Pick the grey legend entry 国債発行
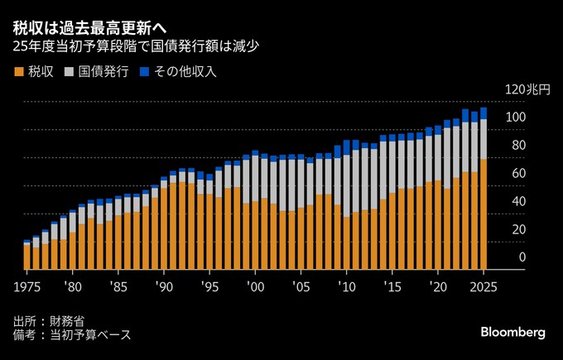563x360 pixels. click(96, 71)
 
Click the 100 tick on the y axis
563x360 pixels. click(516, 118)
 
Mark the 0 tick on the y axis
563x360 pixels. click(522, 258)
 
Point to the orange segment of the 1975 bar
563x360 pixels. click(27, 257)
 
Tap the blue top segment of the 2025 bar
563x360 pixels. click(484, 113)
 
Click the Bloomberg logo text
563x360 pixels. click(512, 332)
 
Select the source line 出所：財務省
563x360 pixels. click(49, 320)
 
